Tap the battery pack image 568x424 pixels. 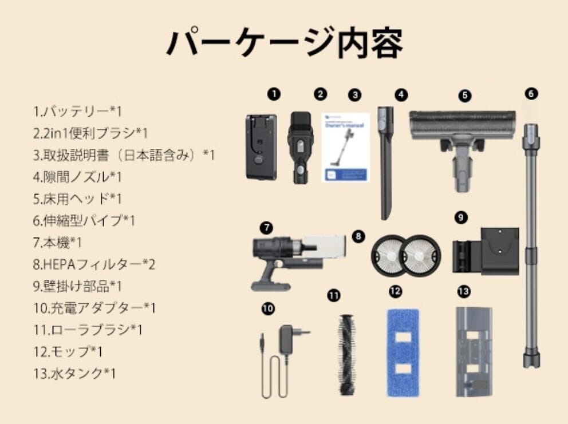261,146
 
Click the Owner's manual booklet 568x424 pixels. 345,147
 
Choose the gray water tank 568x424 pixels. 474,352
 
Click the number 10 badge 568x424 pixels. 267,308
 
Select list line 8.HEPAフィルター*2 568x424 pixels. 94,264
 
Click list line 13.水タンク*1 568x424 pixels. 75,373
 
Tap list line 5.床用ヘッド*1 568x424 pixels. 78,199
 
